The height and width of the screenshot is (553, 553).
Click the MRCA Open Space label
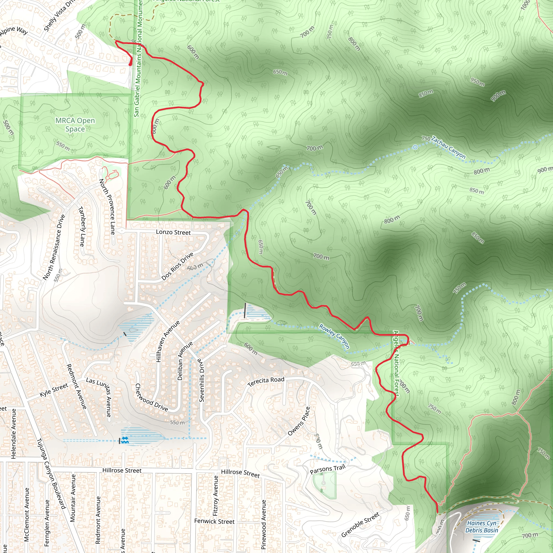click(x=75, y=124)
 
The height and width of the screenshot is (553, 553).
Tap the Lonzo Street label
click(x=173, y=232)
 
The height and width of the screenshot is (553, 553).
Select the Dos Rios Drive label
click(x=177, y=266)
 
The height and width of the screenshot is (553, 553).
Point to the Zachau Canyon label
click(x=448, y=148)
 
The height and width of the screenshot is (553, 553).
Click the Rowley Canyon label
click(x=334, y=336)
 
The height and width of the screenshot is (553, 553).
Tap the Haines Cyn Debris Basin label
click(x=482, y=527)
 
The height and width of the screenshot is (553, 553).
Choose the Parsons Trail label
click(x=328, y=469)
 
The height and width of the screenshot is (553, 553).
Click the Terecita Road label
click(x=266, y=382)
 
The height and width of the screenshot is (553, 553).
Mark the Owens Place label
click(x=299, y=421)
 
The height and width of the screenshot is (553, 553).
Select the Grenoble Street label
click(x=360, y=524)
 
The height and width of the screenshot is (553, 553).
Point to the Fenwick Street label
click(x=214, y=521)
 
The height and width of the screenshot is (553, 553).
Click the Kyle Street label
click(x=54, y=390)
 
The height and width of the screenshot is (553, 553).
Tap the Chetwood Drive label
click(x=151, y=397)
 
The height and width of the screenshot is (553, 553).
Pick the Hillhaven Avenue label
click(x=168, y=341)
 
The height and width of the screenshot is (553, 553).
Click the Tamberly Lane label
click(x=82, y=227)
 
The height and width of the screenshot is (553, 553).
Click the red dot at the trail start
click(x=130, y=65)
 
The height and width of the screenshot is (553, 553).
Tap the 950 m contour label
click(x=477, y=82)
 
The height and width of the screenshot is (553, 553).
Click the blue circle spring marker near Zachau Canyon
click(x=415, y=147)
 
